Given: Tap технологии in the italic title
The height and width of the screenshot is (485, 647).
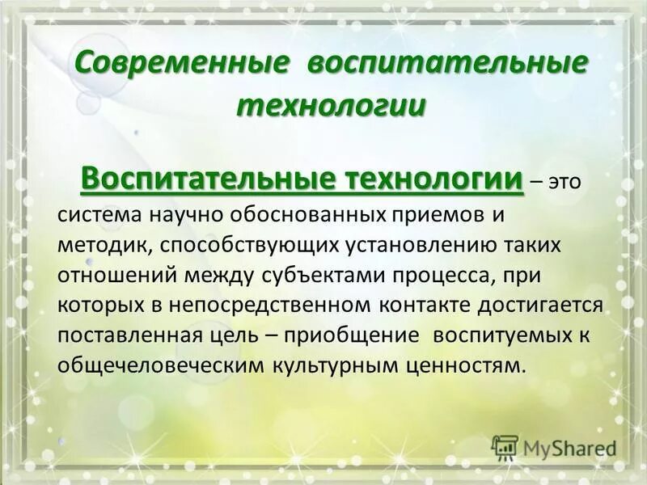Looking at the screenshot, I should [x=331, y=105].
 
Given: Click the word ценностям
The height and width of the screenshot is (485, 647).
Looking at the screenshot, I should [x=463, y=364].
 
